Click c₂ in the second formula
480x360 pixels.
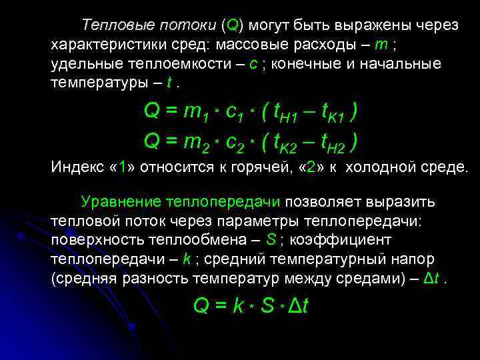(237, 142)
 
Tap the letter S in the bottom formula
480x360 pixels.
(268, 306)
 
